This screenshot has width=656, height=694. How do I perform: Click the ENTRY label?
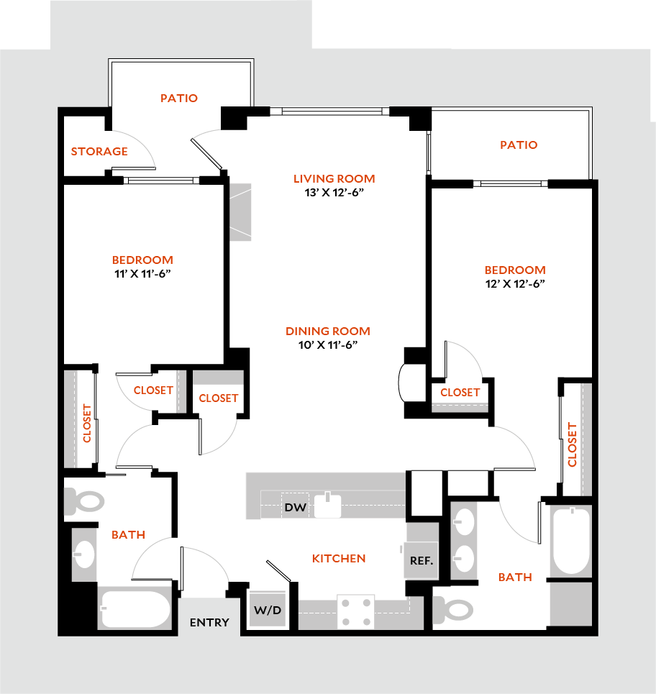(x=209, y=623)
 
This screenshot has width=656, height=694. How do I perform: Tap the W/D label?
(x=268, y=611)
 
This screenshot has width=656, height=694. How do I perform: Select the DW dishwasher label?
(x=295, y=507)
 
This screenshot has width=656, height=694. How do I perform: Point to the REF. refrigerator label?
(x=422, y=560)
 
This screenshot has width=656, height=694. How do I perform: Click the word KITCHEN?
(x=339, y=559)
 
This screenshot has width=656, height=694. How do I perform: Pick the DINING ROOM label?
(x=328, y=332)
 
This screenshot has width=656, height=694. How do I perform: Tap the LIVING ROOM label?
(x=334, y=179)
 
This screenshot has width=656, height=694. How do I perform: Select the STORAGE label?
(x=99, y=152)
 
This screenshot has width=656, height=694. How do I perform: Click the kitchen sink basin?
(x=328, y=506)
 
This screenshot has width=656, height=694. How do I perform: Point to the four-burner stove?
(x=356, y=611)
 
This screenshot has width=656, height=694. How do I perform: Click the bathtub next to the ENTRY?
(x=136, y=608)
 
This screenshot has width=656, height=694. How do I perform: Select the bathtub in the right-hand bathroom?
(x=572, y=540)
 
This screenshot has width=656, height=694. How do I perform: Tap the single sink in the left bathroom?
(x=85, y=554)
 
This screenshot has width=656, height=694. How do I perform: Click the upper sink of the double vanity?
(x=465, y=522)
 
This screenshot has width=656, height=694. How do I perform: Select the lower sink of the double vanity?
(x=465, y=558)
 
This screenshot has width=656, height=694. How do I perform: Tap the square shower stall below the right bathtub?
(x=570, y=604)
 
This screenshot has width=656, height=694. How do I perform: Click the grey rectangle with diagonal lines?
(x=241, y=212)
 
